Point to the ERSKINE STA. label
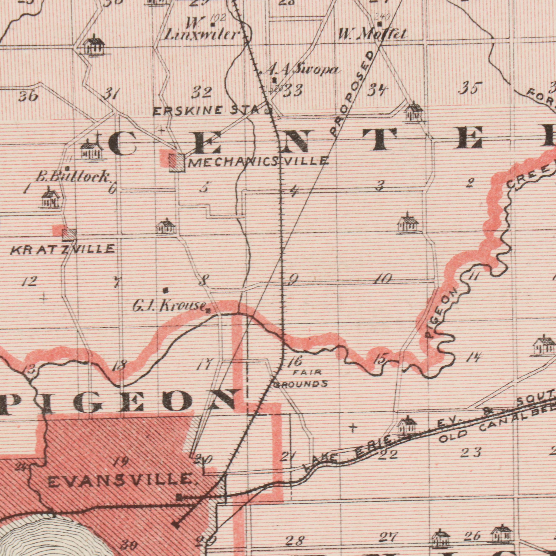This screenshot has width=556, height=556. (209, 111)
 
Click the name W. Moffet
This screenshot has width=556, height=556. (372, 35)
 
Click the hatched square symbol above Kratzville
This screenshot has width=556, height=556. (69, 235)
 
